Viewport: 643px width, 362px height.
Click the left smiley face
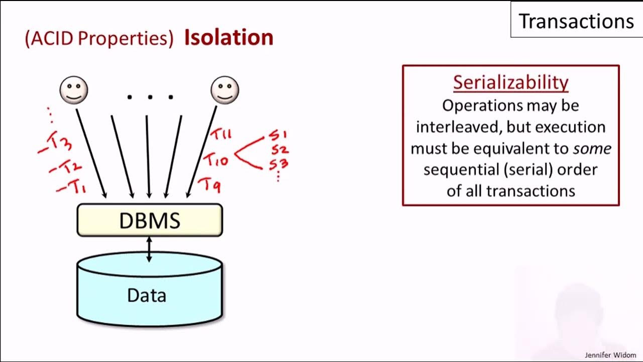coord(74,90)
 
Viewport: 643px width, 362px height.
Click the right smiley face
coord(225,90)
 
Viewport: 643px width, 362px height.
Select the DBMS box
coord(149,220)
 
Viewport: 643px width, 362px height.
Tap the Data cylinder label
coord(147,295)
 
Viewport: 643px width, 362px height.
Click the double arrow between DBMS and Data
coord(149,249)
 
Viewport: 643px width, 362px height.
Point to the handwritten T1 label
coord(72,188)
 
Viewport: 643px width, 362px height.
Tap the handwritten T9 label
coord(209,185)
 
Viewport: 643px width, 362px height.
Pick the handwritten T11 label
coord(221,135)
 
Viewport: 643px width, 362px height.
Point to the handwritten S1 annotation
coord(277,135)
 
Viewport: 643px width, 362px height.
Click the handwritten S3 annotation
coord(279,164)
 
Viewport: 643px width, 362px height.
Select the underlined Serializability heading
coord(510,82)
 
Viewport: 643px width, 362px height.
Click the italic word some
coord(592,148)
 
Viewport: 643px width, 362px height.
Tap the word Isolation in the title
coord(229,38)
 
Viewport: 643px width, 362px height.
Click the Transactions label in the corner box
coord(576,21)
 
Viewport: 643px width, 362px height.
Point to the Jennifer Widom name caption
coord(610,355)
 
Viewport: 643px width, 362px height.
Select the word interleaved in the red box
coord(458,127)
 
